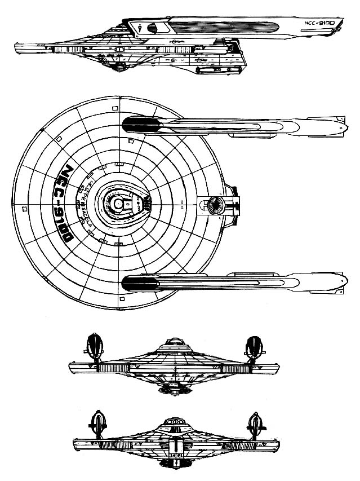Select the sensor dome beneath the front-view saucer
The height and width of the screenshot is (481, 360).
[x=175, y=389]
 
